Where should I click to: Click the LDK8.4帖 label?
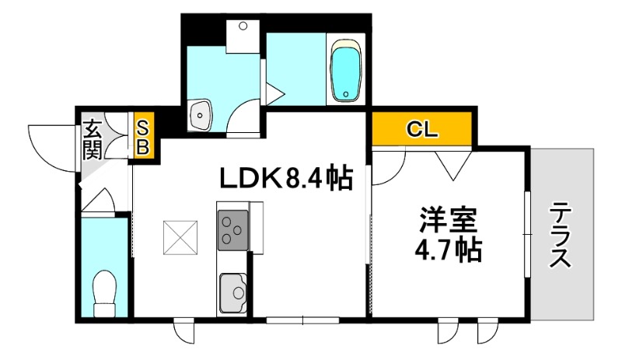(x=286, y=180)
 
